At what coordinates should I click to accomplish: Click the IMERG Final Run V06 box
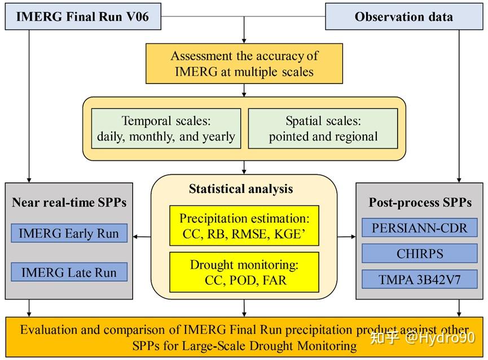coord(83,16)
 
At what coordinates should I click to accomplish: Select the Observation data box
coord(403,16)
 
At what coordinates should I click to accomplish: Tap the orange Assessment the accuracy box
coord(244,64)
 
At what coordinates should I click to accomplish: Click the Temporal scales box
coord(166,129)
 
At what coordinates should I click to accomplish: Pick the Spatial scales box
coord(323,129)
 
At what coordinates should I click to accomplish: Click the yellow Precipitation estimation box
coord(244,225)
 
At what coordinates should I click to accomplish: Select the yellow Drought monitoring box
coord(244,272)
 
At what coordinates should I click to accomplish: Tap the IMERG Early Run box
coord(69,233)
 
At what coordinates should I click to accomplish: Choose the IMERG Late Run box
coord(69,272)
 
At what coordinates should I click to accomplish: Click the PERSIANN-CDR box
coord(420,228)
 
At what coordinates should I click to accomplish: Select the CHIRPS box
coord(420,254)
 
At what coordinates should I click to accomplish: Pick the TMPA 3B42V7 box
coord(420,279)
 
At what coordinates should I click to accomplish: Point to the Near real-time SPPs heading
coord(69,202)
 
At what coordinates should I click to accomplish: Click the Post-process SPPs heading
coord(420,202)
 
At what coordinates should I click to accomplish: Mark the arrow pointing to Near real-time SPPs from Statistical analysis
coord(143,237)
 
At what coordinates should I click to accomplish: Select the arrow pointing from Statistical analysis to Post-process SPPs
coord(346,237)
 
